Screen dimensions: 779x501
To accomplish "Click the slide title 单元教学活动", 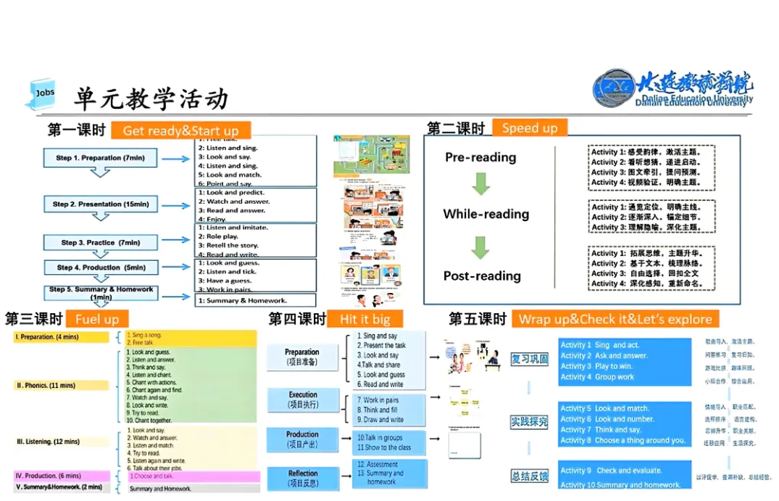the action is pos(151,99).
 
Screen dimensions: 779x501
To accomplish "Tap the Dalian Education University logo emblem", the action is pos(614,89).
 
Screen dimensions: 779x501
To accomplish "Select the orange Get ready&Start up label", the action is pos(180,131).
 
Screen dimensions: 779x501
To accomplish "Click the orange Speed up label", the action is pos(530,128).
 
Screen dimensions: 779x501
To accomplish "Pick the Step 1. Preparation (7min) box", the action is pos(100,158).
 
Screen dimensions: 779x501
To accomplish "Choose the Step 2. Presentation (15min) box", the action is pos(100,204).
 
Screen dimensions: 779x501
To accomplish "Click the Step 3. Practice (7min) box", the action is pos(100,243).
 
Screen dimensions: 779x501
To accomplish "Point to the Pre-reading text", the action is pos(480,157).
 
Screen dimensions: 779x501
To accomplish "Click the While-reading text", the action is pos(486,214).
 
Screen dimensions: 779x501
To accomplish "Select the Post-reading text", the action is pos(482,276).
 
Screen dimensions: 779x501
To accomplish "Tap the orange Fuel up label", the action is pos(96,319).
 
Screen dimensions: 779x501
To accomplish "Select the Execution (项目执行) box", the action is pos(303,399).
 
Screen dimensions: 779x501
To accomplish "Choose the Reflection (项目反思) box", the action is pos(303,478).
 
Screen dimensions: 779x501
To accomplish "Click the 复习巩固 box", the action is pos(530,359).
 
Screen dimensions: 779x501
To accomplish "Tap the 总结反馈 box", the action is pos(530,476).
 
